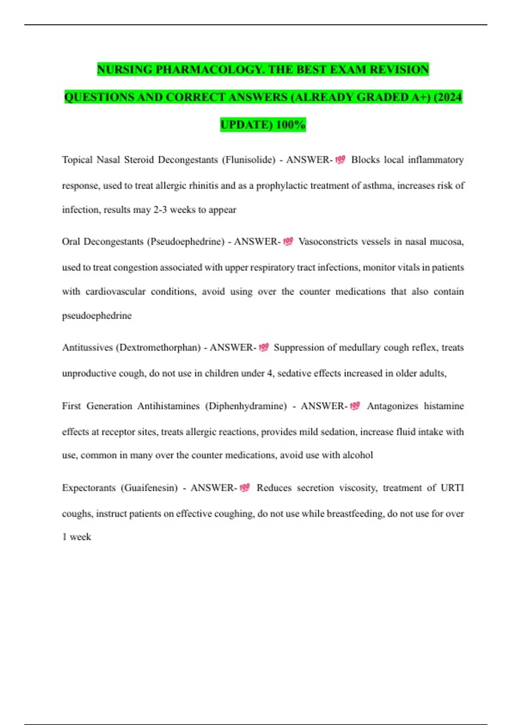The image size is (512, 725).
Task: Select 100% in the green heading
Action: click(x=291, y=125)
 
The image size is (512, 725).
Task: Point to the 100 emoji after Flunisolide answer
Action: click(x=340, y=160)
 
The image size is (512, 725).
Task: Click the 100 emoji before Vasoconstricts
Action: click(x=288, y=242)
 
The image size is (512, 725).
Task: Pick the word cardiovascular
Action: click(x=115, y=292)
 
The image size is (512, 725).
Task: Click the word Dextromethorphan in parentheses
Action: click(x=158, y=348)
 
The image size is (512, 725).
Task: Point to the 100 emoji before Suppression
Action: click(x=264, y=348)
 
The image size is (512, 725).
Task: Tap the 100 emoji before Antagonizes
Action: click(x=355, y=406)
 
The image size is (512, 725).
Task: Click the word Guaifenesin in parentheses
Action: click(x=149, y=488)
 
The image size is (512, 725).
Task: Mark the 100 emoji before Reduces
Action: click(x=244, y=488)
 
